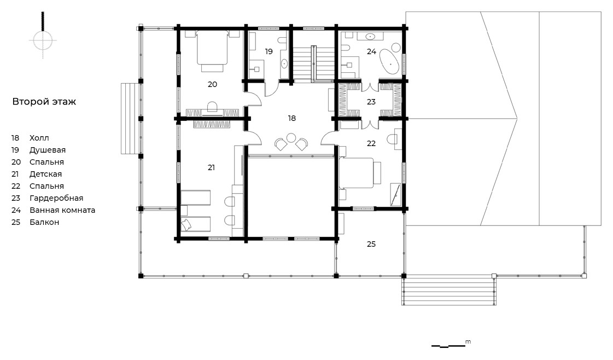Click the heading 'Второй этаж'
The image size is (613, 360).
[x=44, y=102]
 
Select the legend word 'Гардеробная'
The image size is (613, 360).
[x=56, y=199]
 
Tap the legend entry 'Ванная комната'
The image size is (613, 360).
[x=62, y=210]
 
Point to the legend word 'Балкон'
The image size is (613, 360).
[x=44, y=222]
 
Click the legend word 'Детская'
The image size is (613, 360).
[x=46, y=174]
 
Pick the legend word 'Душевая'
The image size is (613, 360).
[x=48, y=150]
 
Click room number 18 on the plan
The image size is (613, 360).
[x=292, y=118]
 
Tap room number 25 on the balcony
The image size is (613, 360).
[x=371, y=244]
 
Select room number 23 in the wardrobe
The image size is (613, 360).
[x=371, y=102]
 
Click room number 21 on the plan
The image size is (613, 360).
[x=211, y=167]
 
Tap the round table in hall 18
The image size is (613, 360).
[x=291, y=138]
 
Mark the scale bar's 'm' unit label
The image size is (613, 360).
[x=468, y=342]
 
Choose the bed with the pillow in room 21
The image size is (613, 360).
[x=195, y=224]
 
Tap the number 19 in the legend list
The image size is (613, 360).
[x=15, y=150]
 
